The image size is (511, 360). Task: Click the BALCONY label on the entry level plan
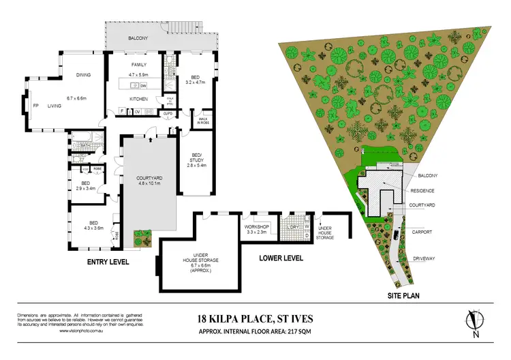tap(137, 39)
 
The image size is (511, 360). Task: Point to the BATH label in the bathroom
tap(85, 145)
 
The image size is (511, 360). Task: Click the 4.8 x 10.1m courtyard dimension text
tap(147, 183)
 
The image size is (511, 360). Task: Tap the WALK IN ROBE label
tap(202, 121)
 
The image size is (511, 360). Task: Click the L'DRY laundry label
tap(294, 226)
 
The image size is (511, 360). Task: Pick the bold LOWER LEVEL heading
tap(281, 258)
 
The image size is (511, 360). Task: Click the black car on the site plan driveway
tap(397, 235)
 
